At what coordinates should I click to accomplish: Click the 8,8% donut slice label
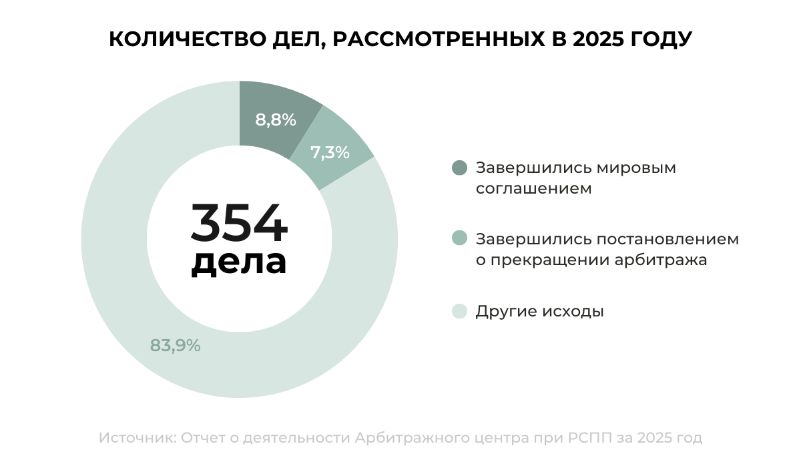tap(275, 120)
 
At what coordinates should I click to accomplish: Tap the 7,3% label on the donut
tap(330, 153)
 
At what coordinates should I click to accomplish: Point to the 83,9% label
tap(175, 346)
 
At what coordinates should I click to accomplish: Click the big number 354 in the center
tap(239, 224)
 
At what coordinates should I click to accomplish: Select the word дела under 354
tap(239, 262)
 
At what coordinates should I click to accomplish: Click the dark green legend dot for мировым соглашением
tap(459, 168)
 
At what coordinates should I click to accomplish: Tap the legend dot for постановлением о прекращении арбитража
tap(459, 239)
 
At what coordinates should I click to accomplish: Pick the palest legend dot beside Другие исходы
tap(459, 311)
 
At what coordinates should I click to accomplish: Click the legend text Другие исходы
tap(539, 311)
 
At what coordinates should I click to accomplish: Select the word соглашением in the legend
tap(533, 189)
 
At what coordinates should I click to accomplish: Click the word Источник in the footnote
tap(136, 439)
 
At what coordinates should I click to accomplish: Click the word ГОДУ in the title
tap(661, 40)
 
